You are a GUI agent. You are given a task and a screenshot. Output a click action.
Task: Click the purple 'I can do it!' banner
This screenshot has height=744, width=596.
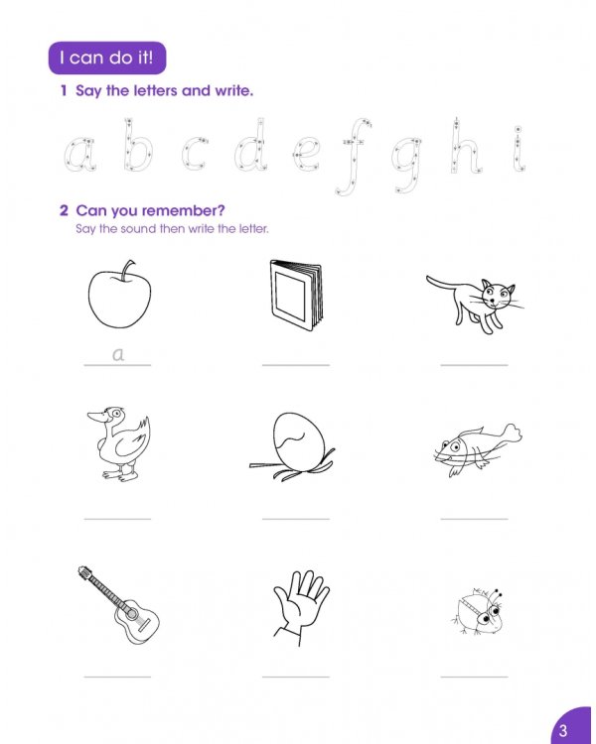[107, 58]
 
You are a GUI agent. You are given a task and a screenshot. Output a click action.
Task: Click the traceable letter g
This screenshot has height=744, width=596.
[405, 162]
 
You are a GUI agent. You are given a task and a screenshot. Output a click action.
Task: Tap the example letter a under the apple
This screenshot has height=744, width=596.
[118, 352]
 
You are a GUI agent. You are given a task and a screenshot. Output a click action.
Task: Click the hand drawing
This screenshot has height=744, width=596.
[298, 602]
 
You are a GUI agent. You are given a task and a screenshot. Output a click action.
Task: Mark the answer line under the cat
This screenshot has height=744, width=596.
[474, 365]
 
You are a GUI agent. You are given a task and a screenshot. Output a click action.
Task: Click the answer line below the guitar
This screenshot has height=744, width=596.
[117, 677]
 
